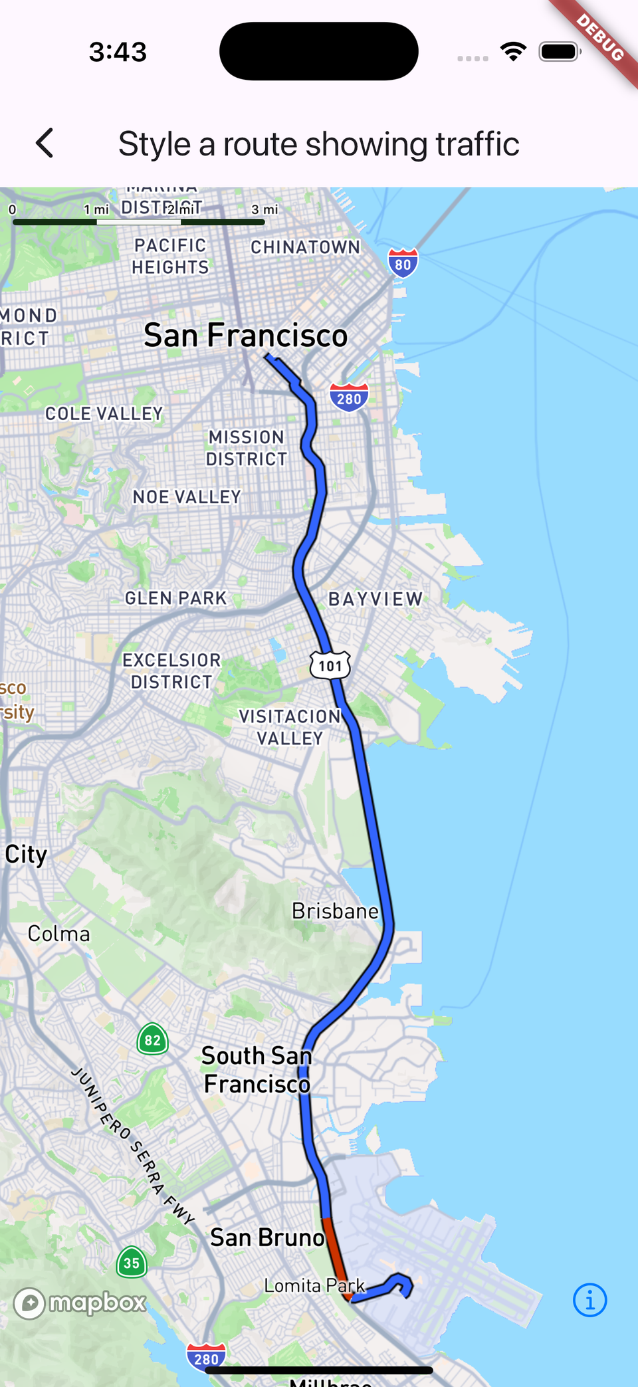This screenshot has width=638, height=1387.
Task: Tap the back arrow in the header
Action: (45, 143)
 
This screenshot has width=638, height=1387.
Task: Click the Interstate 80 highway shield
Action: (403, 263)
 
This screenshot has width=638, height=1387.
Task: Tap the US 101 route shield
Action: (330, 665)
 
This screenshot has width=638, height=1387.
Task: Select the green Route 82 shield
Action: (152, 1039)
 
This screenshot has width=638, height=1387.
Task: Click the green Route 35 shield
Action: (132, 1263)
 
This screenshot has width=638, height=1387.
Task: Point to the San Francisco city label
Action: (245, 336)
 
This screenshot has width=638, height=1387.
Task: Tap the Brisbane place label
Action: (335, 910)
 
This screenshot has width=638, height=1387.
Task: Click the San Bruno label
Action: (267, 1237)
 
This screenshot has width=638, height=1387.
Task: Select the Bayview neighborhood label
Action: (375, 599)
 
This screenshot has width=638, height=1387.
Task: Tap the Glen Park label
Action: (176, 598)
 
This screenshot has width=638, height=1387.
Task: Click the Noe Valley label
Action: (187, 497)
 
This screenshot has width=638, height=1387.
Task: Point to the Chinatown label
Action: (305, 247)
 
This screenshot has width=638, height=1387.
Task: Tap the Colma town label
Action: (58, 934)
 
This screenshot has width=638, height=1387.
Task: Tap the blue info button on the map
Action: (589, 1300)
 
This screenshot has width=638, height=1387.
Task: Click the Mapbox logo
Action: (80, 1303)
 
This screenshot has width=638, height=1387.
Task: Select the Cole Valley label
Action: (104, 414)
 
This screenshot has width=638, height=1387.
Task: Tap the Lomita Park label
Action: (314, 1285)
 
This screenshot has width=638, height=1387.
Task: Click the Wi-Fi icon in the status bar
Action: (513, 51)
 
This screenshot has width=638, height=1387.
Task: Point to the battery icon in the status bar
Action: (560, 51)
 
